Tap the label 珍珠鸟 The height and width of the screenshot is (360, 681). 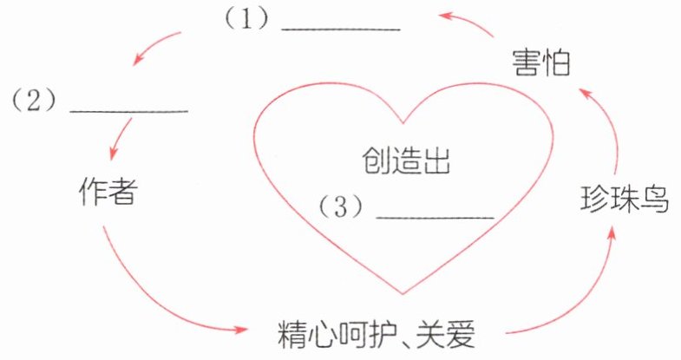625,200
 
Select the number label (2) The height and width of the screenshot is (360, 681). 33,100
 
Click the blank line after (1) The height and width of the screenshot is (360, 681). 341,29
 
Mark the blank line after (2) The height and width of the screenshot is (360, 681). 128,111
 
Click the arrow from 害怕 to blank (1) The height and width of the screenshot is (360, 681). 468,22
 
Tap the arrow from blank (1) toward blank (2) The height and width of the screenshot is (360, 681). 156,48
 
